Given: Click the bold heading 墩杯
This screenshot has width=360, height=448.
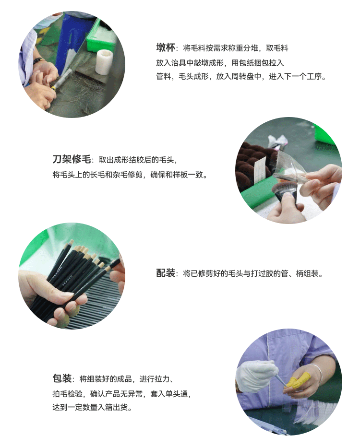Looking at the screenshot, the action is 166,47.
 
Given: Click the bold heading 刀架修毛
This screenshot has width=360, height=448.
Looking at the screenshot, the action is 72,159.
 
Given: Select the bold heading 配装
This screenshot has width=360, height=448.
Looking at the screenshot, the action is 166,273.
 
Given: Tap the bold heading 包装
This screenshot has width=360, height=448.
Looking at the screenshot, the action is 62,378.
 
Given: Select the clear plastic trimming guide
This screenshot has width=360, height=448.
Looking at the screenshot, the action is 286,166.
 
